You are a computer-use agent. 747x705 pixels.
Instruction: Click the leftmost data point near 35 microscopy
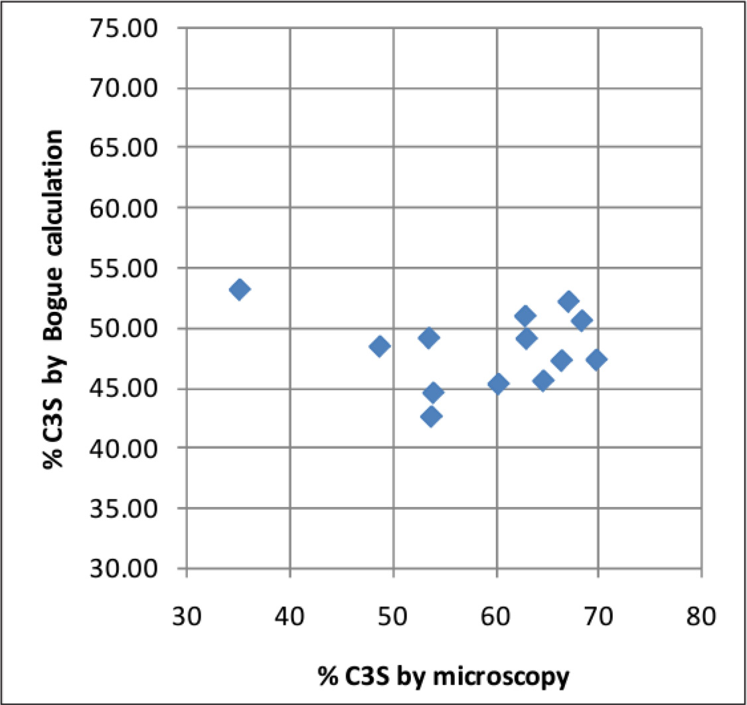click(x=240, y=289)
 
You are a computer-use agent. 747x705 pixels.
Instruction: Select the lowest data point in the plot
click(x=431, y=417)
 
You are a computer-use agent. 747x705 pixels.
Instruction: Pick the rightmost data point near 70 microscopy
click(x=596, y=360)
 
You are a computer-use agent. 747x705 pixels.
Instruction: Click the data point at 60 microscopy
click(x=497, y=384)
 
